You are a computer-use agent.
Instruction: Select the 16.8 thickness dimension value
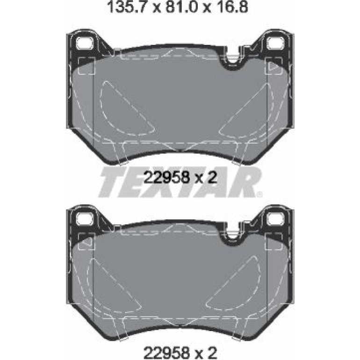point(230,7)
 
